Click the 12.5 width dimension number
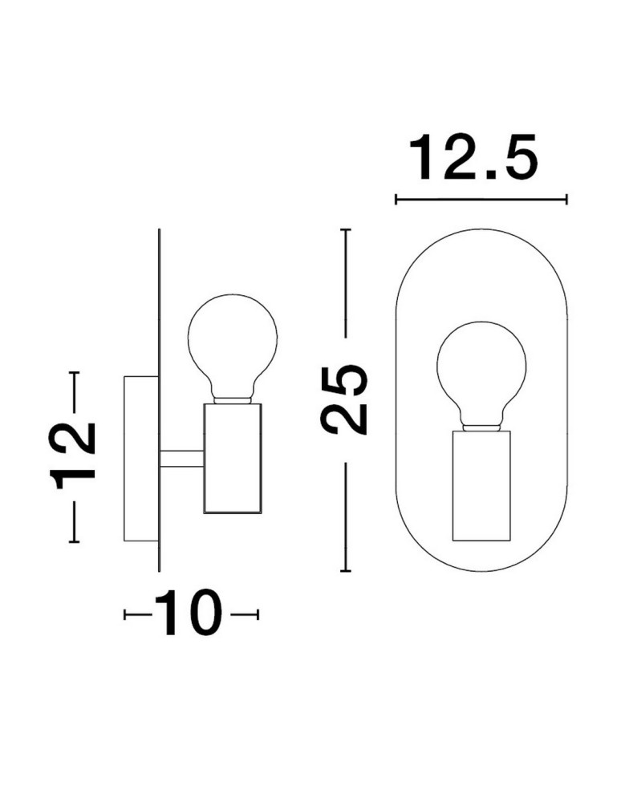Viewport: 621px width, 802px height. [x=473, y=158]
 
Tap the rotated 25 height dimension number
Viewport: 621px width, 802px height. [x=345, y=399]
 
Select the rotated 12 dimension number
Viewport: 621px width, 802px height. [x=74, y=456]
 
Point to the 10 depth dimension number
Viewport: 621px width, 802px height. [x=190, y=614]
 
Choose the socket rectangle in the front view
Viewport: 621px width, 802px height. [x=481, y=484]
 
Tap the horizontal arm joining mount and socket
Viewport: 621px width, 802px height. [x=181, y=458]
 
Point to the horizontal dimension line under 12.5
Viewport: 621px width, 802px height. [x=481, y=199]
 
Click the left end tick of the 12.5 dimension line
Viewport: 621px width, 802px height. [x=396, y=199]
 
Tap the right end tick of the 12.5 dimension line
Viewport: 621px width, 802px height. [x=566, y=199]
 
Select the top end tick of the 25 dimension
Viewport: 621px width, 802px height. [x=346, y=230]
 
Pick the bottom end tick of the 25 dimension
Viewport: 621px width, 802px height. [x=346, y=571]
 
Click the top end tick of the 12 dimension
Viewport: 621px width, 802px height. [x=75, y=373]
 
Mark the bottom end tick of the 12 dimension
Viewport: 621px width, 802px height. [x=75, y=543]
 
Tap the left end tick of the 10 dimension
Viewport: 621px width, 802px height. [x=125, y=615]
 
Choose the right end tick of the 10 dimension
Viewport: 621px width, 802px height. [x=258, y=615]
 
